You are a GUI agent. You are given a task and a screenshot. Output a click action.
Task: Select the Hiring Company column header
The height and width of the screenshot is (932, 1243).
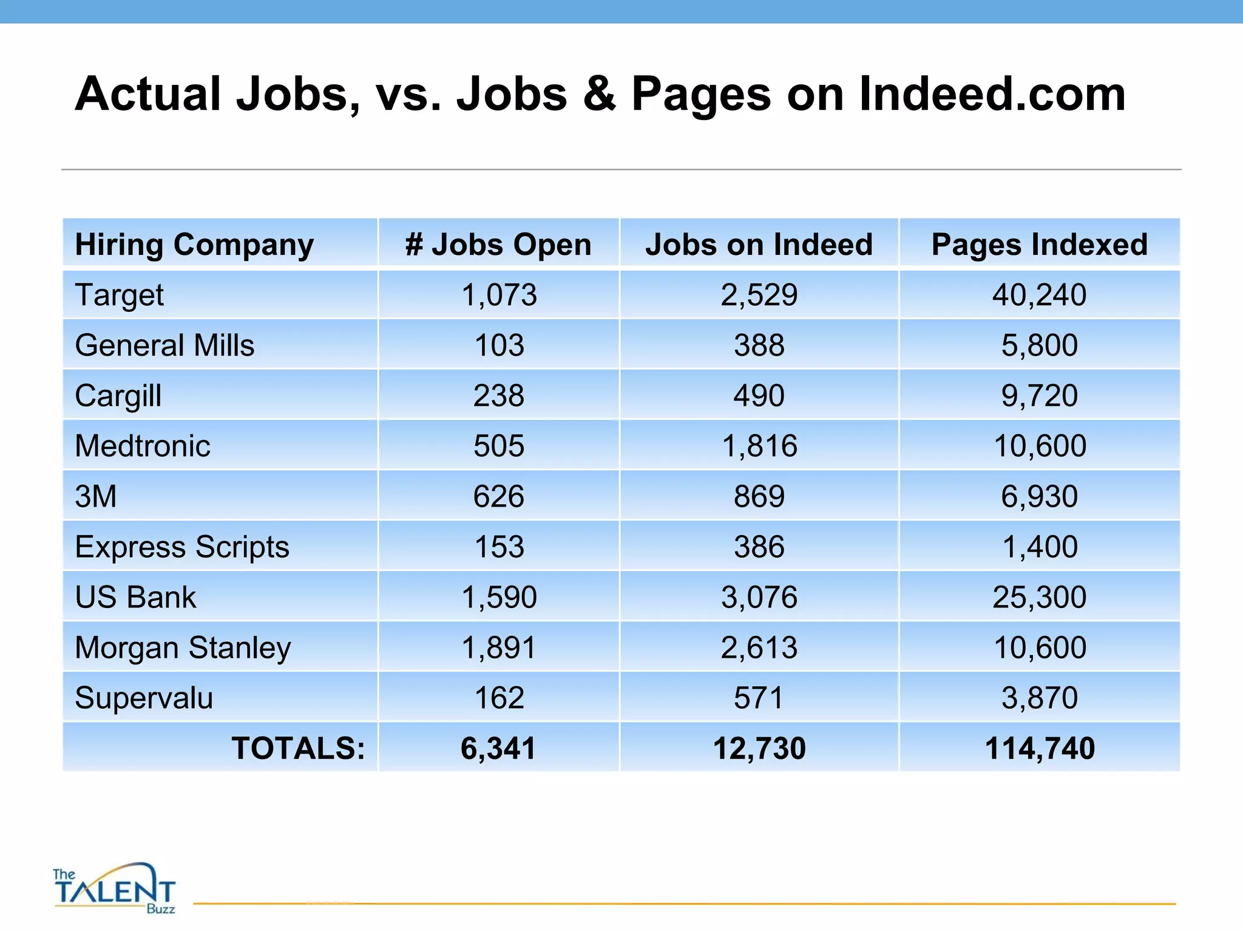tap(194, 245)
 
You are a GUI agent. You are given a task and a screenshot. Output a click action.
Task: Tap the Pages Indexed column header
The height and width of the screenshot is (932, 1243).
tap(1039, 245)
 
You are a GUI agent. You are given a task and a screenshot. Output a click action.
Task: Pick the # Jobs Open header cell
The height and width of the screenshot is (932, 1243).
tap(498, 245)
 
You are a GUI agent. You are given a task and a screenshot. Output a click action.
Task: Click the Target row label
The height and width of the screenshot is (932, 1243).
tap(119, 295)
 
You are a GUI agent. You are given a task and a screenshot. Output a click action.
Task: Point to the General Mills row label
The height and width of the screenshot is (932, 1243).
tap(164, 345)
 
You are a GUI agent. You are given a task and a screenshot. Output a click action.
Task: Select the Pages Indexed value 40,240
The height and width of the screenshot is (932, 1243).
tap(1039, 295)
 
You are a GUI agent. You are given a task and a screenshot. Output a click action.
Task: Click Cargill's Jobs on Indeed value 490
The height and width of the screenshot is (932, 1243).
tap(759, 396)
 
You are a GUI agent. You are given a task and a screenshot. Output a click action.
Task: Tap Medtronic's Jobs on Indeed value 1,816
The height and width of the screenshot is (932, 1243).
tap(759, 446)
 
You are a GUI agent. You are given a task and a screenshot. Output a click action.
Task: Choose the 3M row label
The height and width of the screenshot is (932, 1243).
tap(95, 496)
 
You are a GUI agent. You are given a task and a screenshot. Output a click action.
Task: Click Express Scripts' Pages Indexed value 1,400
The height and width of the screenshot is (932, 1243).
tap(1039, 547)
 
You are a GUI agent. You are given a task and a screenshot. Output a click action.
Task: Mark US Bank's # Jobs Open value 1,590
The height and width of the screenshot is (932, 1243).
tap(499, 597)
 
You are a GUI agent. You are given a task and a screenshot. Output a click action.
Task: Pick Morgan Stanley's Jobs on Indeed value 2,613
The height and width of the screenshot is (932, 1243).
tap(759, 647)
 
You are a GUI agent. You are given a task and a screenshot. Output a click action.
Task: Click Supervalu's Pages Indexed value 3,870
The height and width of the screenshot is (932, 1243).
tap(1039, 698)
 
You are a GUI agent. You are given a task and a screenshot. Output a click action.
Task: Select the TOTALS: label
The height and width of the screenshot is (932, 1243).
tap(298, 748)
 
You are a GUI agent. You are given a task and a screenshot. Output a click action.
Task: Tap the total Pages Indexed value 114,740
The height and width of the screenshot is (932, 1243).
tap(1039, 748)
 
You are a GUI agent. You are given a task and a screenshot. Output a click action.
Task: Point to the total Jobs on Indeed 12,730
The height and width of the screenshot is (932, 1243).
tap(759, 748)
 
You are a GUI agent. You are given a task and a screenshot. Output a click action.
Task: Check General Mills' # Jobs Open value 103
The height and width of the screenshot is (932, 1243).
tap(499, 345)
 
